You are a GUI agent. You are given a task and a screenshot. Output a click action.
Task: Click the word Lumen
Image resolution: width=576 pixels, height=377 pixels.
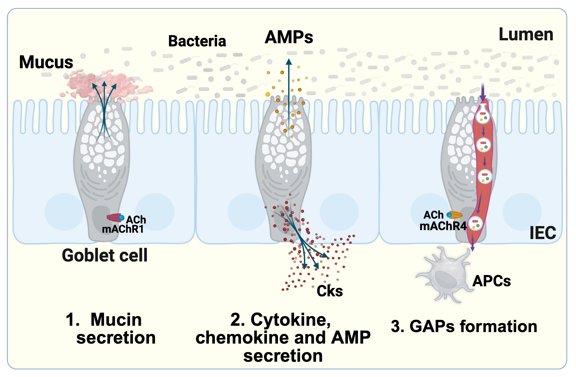click(526, 35)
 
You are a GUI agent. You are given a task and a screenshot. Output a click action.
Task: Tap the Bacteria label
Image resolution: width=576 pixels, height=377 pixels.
click(197, 41)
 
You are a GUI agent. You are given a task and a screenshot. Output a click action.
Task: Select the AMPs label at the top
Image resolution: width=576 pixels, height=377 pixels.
click(289, 37)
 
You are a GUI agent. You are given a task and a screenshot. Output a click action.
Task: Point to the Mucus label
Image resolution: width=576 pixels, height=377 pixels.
click(46, 62)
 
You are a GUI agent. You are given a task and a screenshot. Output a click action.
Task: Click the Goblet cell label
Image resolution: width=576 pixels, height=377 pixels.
click(105, 255)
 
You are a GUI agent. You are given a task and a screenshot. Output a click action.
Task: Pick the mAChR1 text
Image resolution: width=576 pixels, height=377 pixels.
click(123, 229)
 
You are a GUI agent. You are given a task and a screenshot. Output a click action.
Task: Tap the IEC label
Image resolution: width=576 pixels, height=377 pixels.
click(543, 233)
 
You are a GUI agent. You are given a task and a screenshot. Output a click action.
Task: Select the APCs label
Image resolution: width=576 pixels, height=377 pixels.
click(492, 281)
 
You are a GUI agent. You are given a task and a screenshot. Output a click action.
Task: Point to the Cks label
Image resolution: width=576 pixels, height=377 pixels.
click(330, 291)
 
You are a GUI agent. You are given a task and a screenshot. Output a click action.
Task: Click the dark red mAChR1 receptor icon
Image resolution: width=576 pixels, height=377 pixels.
click(114, 217)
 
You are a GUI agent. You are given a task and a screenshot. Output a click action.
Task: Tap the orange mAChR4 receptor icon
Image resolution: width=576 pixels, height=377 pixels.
click(456, 215)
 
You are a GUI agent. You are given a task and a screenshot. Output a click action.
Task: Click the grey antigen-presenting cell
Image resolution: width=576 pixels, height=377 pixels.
click(445, 275)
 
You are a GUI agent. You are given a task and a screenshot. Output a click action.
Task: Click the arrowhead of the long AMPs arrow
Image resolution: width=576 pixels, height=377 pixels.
click(289, 61)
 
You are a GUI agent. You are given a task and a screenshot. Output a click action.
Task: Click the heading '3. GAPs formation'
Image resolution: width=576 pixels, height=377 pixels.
click(464, 327)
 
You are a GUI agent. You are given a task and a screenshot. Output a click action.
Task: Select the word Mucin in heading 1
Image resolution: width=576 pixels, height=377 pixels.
click(116, 320)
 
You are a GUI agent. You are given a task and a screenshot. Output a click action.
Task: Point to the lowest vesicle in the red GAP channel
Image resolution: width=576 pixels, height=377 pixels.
click(475, 223)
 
